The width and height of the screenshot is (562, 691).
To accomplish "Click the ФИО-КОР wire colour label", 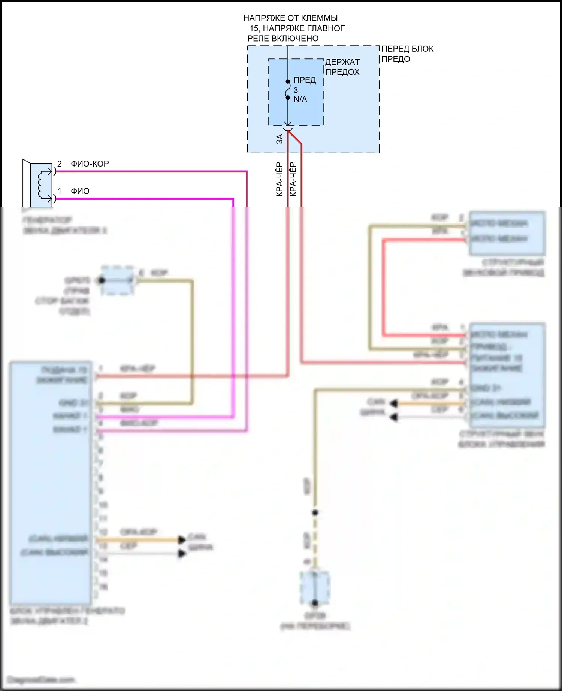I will point(90,164).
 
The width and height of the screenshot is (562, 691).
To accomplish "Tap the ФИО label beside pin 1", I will point(80,191).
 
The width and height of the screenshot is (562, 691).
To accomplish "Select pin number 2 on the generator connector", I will point(59,164).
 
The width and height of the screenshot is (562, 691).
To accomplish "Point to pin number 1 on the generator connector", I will point(59,191).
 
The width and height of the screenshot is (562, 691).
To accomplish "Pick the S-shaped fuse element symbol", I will point(288,90).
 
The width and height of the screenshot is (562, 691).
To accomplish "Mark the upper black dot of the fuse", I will point(288,82).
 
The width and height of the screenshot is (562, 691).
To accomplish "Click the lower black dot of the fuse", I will point(288,98).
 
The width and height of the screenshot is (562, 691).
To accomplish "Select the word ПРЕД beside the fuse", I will point(305,80).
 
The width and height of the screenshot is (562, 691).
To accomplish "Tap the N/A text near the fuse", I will point(300,100).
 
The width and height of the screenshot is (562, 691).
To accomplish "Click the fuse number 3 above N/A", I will point(296,90).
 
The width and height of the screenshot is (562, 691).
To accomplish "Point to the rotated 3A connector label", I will point(280,139).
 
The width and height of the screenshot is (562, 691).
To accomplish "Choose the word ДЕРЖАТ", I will point(342,62).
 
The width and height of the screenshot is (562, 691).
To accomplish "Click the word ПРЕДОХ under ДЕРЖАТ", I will point(342,72).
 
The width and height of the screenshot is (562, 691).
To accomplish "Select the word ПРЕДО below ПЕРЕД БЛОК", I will point(395,59).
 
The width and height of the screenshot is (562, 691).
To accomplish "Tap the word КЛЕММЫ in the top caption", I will point(319,18).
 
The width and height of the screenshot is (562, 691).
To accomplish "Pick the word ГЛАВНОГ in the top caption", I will point(326,28).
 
